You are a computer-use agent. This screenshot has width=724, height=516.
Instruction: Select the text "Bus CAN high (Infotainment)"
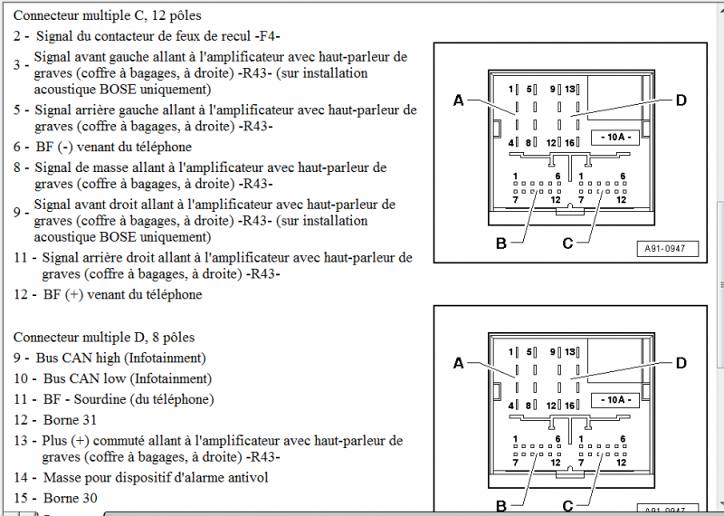(121, 358)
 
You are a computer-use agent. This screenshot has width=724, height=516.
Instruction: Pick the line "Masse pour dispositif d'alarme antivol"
(156, 477)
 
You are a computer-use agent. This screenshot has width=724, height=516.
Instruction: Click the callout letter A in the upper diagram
(458, 100)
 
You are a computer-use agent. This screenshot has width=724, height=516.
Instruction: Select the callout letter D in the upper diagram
(681, 100)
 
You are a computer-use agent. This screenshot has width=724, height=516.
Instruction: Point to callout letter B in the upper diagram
(500, 242)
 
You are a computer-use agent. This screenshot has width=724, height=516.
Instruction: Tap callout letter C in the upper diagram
(567, 242)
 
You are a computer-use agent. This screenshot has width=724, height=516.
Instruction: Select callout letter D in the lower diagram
(681, 363)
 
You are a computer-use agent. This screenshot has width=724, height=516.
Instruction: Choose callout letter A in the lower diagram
(458, 363)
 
